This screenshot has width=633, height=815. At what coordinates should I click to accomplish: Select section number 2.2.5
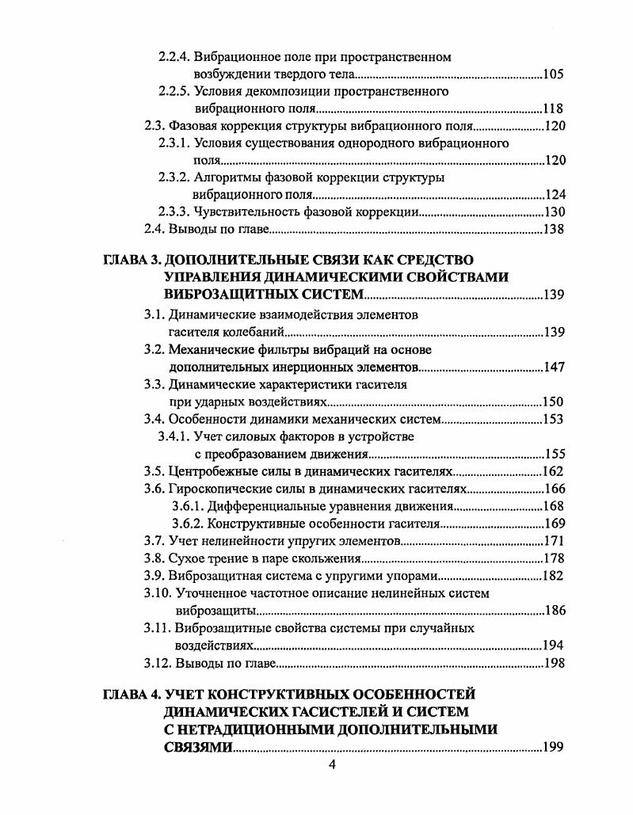(x=172, y=92)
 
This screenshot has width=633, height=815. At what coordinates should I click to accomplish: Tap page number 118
(x=554, y=109)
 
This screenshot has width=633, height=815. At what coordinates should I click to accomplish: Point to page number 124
(x=554, y=195)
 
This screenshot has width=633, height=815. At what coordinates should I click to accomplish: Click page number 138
(x=554, y=230)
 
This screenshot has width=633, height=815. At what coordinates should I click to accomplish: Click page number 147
(x=554, y=368)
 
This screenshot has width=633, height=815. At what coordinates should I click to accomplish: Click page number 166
(x=554, y=489)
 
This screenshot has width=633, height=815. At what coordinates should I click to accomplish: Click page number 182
(x=554, y=576)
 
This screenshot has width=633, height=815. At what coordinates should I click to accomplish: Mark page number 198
(x=554, y=663)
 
